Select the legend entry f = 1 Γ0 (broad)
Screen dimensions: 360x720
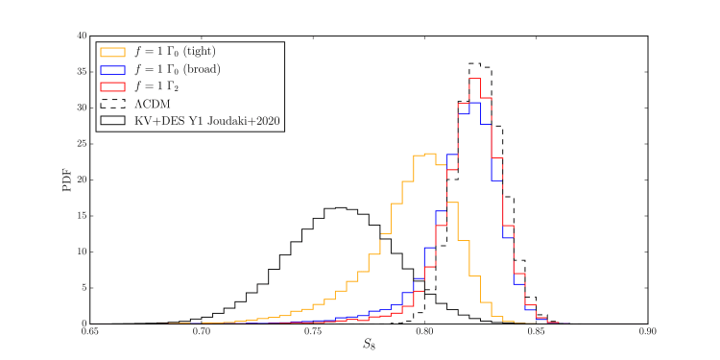[178, 69]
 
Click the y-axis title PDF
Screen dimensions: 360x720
[68, 180]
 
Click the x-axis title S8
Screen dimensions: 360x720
[369, 348]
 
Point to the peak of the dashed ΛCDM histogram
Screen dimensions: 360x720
[474, 63]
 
